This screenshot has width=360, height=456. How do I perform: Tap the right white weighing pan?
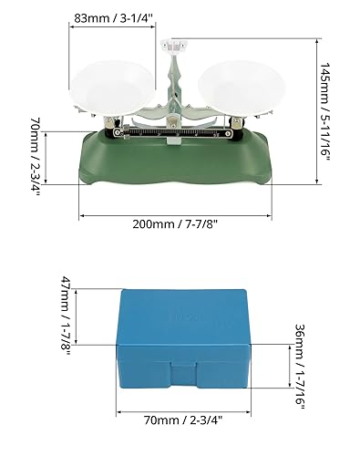click(233, 83)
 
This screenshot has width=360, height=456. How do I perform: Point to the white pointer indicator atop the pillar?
click(179, 45)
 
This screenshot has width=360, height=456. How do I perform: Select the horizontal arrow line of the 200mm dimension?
click(175, 217)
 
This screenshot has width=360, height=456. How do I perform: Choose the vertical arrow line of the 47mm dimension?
click(79, 316)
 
